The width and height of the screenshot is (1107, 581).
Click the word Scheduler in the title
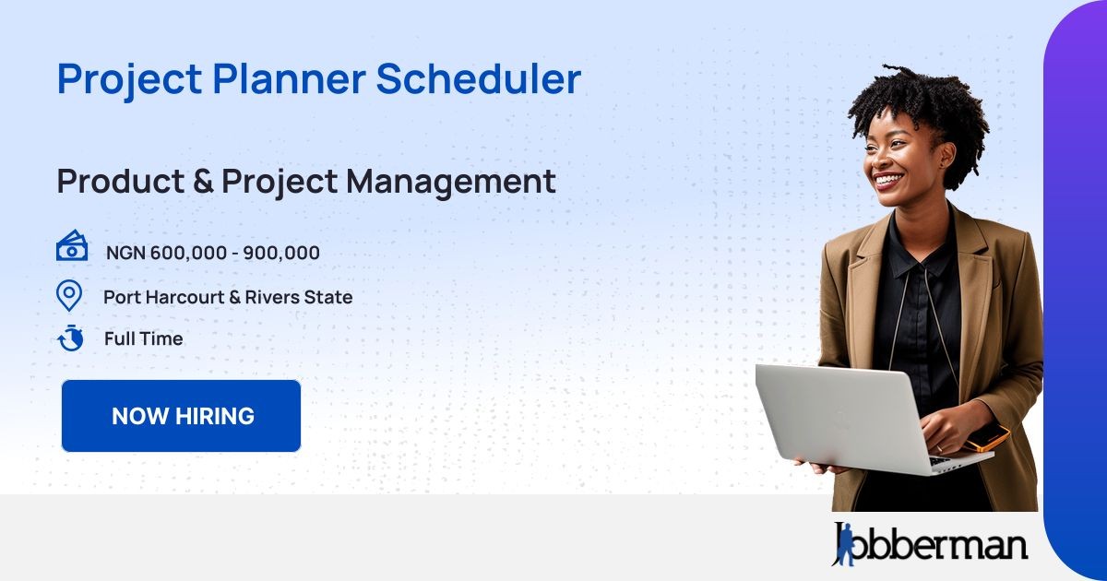(478, 78)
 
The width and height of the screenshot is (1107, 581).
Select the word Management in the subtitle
(451, 182)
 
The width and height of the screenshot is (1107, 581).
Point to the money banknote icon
(72, 248)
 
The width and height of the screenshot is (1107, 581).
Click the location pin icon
(69, 296)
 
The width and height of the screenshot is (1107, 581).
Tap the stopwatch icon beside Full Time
(70, 338)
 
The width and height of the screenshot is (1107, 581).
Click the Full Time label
(143, 338)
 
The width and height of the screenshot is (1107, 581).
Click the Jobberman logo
(930, 543)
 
